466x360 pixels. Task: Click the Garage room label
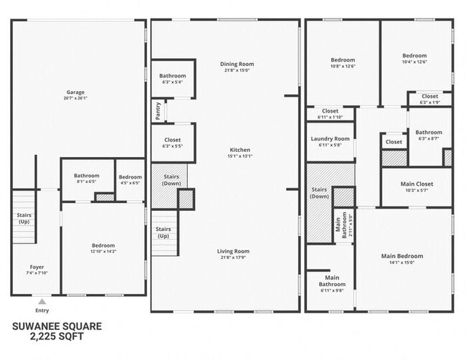pos(76,92)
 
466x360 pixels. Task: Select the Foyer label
pos(37,267)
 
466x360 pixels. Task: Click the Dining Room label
pos(237,64)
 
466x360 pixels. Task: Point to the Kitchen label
pos(239,150)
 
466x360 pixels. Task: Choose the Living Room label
pos(234,251)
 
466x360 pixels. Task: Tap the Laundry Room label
pos(330,138)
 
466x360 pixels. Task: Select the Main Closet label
pos(416,184)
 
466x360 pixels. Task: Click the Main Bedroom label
pos(401,256)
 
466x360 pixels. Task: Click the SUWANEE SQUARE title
pos(57,325)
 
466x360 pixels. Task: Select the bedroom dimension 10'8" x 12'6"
pos(342,66)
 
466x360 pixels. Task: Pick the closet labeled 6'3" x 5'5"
pos(172,146)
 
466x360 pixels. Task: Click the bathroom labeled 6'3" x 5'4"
pos(172,82)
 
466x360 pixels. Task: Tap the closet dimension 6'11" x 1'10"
pos(330,117)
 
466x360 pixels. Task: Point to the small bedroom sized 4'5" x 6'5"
pos(130,182)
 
